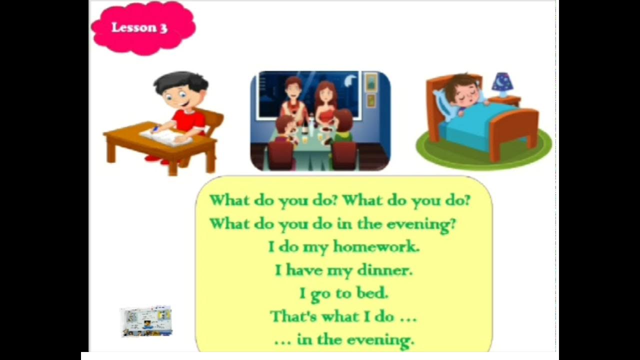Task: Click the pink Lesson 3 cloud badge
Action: click(143, 28)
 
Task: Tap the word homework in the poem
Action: click(376, 246)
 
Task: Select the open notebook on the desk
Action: click(166, 136)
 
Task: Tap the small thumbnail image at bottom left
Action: click(146, 321)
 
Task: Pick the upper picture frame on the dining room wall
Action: click(371, 82)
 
